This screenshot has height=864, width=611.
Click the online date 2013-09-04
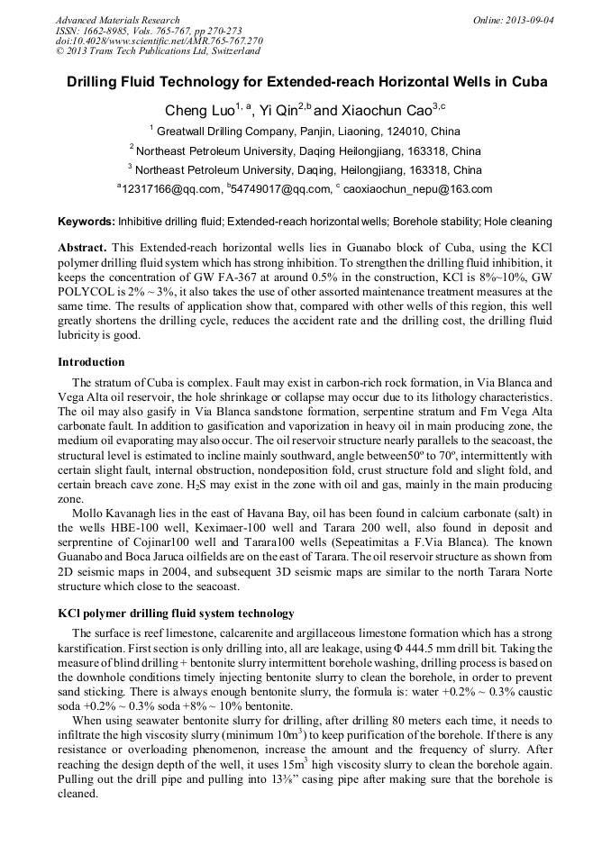(530, 19)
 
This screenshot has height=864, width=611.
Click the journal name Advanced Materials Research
(117, 19)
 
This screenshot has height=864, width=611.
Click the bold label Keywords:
(87, 222)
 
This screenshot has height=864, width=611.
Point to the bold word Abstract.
(83, 247)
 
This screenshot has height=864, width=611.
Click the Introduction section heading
(91, 362)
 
